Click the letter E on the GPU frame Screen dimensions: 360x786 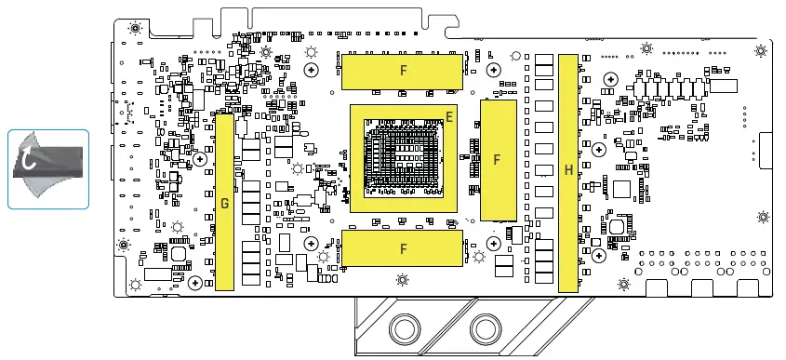coord(449,116)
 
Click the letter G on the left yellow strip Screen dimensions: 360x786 coord(224,204)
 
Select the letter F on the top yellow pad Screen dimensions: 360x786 coord(403,70)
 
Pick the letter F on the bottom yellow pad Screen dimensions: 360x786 coord(403,248)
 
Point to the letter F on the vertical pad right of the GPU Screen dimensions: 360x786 coord(497,160)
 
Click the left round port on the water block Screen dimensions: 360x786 coord(405,329)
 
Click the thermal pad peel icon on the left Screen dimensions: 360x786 coord(48,167)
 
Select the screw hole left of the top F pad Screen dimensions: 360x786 coord(311,70)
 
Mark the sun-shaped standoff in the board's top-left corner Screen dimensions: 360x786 coord(135,29)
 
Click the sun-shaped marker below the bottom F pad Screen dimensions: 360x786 coord(402,279)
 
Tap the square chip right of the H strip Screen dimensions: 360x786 coord(621,189)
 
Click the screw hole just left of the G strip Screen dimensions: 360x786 coord(199,158)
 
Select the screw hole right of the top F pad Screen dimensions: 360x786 coord(492,70)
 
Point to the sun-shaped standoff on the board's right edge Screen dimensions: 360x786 coord(763,218)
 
